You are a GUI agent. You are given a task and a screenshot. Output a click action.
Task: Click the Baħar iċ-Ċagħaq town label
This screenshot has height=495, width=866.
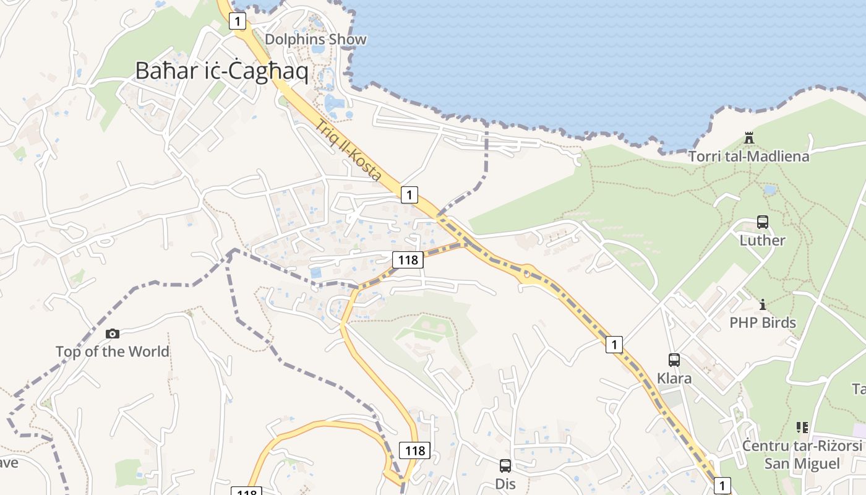[221, 71]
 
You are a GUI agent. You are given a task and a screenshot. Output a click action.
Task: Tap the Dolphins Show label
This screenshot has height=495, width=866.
[315, 40]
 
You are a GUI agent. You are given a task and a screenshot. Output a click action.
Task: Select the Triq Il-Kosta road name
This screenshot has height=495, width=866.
[348, 150]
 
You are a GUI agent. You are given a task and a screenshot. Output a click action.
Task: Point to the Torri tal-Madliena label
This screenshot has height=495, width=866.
[749, 156]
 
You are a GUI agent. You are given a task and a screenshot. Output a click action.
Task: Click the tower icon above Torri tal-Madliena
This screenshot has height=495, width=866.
[749, 137]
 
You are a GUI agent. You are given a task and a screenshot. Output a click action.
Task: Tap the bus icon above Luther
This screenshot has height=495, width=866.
[762, 222]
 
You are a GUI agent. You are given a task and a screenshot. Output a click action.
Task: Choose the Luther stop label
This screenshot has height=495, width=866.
[762, 240]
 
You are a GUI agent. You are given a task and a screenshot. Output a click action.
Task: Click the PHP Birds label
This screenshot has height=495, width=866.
[762, 322]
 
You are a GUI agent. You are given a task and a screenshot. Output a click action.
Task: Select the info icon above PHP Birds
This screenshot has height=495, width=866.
[762, 304]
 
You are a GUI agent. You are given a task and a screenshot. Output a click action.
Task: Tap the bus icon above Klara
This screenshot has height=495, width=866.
[674, 359]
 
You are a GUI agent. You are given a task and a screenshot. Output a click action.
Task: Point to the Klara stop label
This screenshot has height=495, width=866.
[674, 378]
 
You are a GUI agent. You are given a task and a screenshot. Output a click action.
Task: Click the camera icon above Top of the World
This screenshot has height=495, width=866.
[112, 334]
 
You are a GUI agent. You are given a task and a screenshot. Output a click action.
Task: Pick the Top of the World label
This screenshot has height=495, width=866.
[112, 351]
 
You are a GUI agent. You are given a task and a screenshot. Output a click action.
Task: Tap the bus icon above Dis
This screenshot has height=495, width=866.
[505, 465]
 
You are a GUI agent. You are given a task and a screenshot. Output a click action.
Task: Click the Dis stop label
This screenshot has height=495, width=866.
[505, 483]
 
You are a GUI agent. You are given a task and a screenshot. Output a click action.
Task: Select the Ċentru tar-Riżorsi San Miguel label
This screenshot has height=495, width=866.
[802, 455]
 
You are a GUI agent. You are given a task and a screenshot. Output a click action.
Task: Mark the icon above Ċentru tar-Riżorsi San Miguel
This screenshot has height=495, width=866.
[802, 427]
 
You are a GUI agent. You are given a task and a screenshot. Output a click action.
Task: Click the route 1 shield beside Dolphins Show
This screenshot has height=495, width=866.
[237, 22]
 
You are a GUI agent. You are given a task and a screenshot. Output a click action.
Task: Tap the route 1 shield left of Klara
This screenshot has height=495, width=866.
[614, 345]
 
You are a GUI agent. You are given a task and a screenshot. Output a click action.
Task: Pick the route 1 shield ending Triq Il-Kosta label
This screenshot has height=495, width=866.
[409, 194]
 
